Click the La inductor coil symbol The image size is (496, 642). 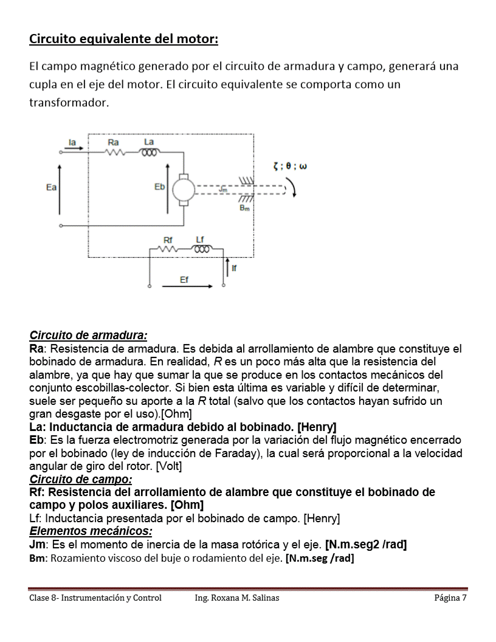click(149, 153)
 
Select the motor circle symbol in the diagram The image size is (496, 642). click(182, 190)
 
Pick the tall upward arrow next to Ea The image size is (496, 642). click(60, 188)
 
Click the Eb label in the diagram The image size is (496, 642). click(159, 187)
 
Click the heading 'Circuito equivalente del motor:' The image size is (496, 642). click(123, 39)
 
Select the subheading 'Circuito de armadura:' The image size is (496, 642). click(88, 335)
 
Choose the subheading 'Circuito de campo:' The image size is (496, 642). click(81, 479)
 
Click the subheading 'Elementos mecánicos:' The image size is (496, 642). click(91, 531)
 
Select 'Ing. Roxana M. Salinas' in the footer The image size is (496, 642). click(237, 598)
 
